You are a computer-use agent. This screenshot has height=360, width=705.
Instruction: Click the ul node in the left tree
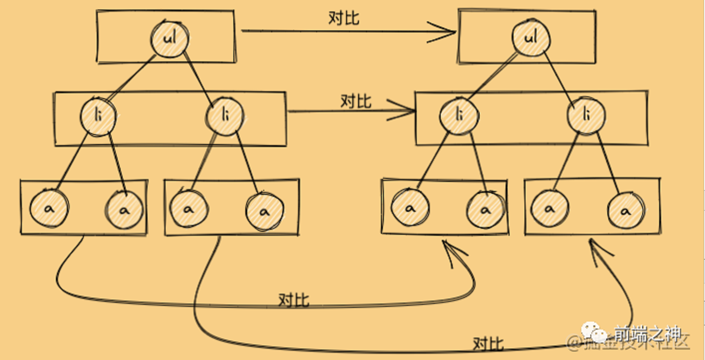point(170,38)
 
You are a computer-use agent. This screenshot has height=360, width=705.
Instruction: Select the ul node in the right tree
point(531,38)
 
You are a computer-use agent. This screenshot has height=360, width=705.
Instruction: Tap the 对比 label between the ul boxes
point(344,18)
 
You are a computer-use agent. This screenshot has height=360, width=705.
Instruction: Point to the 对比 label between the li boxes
point(355,101)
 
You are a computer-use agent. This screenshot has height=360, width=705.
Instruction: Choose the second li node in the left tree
point(225,116)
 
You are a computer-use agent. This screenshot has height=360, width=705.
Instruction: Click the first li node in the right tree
point(459,116)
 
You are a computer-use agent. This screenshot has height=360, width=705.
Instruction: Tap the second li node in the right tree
point(586,116)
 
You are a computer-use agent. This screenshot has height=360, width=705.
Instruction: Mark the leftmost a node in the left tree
point(49,208)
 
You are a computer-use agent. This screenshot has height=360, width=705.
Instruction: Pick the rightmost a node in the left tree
point(265,210)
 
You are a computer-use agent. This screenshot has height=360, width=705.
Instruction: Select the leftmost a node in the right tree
point(410,208)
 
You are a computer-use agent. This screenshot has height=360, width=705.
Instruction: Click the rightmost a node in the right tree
point(626,210)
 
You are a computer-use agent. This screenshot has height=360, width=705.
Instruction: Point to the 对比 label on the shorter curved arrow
point(294,300)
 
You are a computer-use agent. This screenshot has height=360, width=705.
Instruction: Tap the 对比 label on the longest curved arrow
point(488,344)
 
